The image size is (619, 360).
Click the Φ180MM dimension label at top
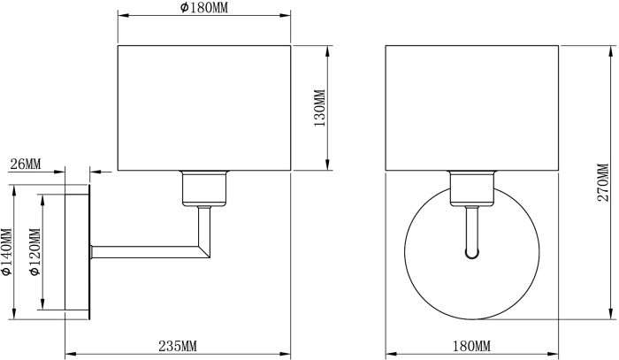204,7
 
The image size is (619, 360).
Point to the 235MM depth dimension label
178,345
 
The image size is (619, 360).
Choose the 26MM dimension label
26,165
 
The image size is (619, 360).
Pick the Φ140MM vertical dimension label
7,252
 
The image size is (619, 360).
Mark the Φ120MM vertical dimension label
35,252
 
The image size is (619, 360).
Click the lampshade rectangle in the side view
204,107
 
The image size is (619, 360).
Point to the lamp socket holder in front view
471,188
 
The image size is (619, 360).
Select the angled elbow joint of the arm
204,249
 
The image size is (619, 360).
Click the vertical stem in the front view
471,228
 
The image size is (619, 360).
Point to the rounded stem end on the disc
471,256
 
